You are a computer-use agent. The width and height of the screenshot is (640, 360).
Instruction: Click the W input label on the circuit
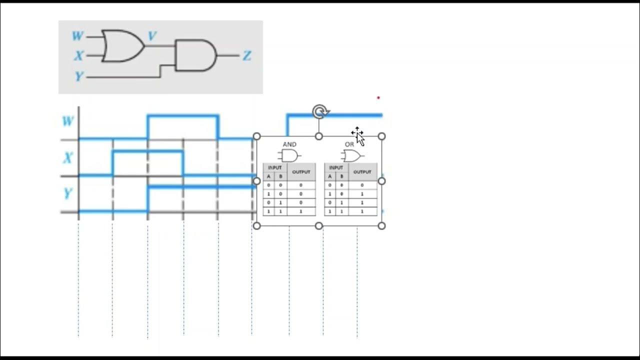[77, 36]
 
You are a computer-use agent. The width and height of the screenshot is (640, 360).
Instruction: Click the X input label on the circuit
[78, 55]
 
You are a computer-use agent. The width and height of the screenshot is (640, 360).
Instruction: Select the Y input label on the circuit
[79, 76]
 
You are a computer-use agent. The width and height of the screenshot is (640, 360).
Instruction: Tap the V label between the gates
[152, 36]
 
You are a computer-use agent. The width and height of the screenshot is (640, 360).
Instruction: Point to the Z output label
[246, 55]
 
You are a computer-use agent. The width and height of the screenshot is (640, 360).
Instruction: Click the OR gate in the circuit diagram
[121, 46]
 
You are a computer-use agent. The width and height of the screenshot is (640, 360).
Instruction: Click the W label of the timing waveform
[67, 121]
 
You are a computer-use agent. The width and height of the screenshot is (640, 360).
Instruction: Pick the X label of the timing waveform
[67, 158]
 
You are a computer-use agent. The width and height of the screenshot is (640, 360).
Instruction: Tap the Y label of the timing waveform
[67, 193]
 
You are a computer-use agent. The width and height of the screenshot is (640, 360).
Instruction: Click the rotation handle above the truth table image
[319, 111]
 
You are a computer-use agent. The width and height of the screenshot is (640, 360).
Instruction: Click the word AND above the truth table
[289, 144]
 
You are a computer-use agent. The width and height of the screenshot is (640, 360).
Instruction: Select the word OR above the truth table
[349, 144]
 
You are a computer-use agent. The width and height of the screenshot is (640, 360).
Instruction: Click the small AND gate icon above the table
[289, 155]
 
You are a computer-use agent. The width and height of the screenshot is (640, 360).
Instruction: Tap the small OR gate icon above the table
[352, 156]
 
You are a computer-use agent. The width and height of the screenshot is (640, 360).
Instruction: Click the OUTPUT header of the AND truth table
[301, 172]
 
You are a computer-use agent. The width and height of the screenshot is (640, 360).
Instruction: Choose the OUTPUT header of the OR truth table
[362, 172]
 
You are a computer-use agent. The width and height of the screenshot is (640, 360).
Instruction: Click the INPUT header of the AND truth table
[275, 167]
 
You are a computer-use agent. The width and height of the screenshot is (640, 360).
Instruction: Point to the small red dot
[378, 98]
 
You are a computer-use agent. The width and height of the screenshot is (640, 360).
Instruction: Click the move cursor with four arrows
[356, 133]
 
